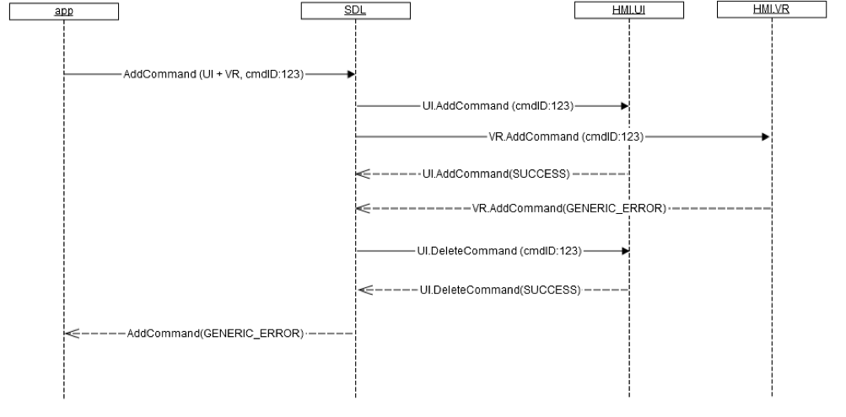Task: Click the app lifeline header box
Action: [x=64, y=11]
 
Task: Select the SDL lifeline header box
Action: [x=355, y=11]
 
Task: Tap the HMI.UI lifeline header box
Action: [x=628, y=10]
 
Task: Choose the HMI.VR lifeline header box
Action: [x=772, y=10]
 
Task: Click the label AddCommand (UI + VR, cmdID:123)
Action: [x=213, y=74]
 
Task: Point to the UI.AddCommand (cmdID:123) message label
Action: [x=498, y=107]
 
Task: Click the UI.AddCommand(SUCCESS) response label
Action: [x=496, y=174]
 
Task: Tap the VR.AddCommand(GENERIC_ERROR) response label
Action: [x=570, y=207]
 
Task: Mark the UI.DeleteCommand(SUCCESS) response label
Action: [x=499, y=290]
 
